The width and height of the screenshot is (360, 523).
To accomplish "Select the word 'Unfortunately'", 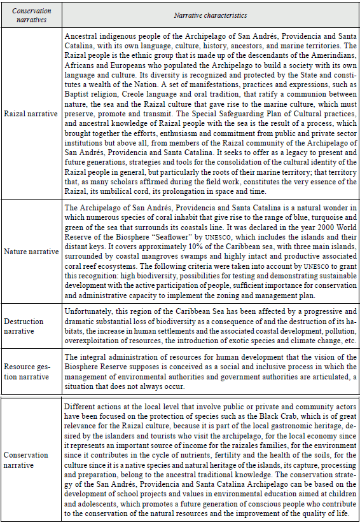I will point(90,312).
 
